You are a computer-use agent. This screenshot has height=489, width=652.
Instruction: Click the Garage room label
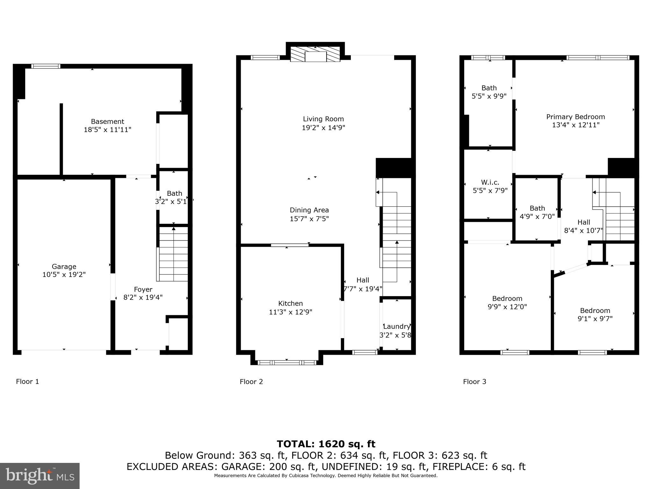pos(64,266)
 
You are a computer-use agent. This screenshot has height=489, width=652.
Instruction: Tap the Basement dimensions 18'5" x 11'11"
pos(108,130)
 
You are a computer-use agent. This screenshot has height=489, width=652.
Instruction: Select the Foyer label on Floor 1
pos(143,289)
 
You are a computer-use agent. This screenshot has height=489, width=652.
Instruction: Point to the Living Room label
pos(323,119)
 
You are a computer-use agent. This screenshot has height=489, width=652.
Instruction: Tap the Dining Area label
pos(309,210)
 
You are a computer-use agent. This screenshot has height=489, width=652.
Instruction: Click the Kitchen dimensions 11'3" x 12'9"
pos(290,312)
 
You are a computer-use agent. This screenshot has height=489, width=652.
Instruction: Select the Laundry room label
pos(396,326)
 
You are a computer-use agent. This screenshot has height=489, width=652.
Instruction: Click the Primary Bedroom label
pos(576,117)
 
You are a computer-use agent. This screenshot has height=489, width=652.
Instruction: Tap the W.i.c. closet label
pos(490,182)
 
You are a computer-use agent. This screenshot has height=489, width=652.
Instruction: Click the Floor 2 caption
pos(251,382)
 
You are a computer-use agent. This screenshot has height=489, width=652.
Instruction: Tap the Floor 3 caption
pos(475,382)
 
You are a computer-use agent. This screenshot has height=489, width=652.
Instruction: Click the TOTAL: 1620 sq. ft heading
pos(326,444)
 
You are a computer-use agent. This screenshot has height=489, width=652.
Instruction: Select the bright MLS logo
pos(40,476)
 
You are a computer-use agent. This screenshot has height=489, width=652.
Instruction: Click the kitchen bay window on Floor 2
pos(287,362)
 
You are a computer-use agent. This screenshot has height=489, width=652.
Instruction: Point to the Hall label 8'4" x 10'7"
pos(584,226)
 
